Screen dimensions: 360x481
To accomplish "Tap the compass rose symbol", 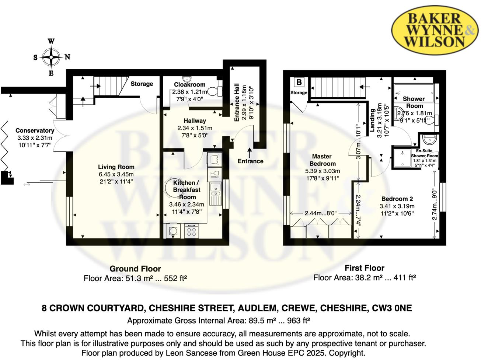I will [x=51, y=57].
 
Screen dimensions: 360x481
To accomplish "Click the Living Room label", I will [x=116, y=167].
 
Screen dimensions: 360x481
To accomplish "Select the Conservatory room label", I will [x=35, y=130].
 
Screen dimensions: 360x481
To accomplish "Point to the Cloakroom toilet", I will [x=215, y=91].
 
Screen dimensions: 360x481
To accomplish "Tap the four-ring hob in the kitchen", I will [x=191, y=231].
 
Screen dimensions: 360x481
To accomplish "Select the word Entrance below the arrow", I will [x=250, y=161].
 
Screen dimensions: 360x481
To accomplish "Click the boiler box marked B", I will [x=299, y=82].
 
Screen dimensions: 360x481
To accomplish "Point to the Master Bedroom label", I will [x=322, y=160].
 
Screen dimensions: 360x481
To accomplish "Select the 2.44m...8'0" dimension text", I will [x=320, y=213].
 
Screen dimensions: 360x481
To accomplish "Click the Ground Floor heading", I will [x=135, y=269].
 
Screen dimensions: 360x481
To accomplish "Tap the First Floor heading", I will [x=364, y=268].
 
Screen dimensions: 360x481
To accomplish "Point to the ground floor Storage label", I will [x=142, y=84].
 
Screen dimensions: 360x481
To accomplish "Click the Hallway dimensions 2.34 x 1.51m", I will [x=195, y=128].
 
